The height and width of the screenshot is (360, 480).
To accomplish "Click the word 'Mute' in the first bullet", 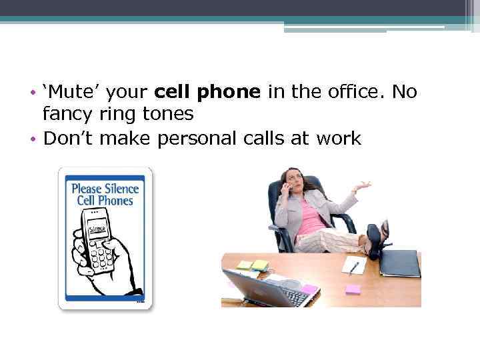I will pos(71,92).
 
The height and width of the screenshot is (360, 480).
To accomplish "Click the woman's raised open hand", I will pos(361,186).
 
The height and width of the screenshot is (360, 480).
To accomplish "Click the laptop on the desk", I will pos(267,288).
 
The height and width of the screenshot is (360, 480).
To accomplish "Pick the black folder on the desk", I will pos(399,263).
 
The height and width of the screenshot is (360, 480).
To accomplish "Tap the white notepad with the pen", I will pos(354,265).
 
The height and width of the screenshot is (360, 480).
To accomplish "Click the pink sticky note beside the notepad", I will pos(353,289).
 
